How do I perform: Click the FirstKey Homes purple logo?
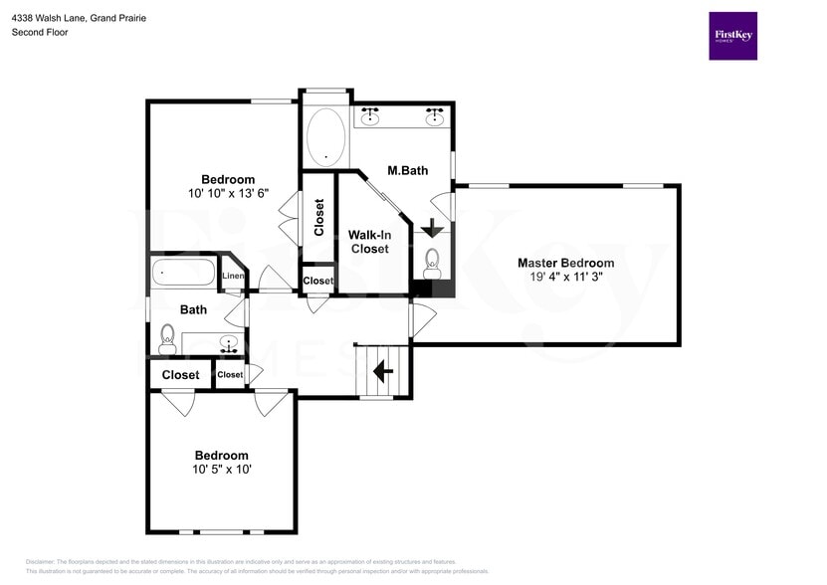pos(732,36)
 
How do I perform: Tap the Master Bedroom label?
pos(565,263)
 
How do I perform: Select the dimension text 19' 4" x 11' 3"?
pos(565,278)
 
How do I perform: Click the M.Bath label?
pos(407,170)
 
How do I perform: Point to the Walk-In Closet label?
pos(368,242)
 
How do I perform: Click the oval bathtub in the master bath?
pos(325,137)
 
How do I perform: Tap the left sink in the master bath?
pos(370,116)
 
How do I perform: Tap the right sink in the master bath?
pos(435,116)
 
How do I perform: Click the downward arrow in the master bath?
pos(432,228)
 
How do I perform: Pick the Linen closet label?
pos(233,276)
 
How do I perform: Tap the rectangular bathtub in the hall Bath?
pos(183,272)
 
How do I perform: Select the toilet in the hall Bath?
pos(167,337)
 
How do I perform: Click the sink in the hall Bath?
pos(229,344)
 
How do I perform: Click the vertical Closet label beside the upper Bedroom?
pos(318,218)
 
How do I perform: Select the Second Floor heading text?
pos(39,32)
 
